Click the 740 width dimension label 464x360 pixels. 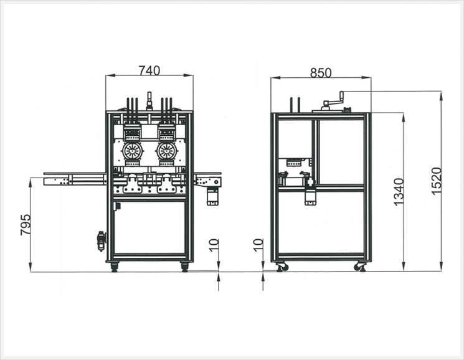[149, 71]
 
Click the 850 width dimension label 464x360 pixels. [321, 73]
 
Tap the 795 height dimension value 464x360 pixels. [26, 225]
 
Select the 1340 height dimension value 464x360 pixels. [399, 192]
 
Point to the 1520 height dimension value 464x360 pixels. [437, 181]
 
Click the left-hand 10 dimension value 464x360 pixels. [214, 245]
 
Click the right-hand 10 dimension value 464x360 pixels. [258, 245]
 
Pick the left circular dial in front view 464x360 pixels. [132, 151]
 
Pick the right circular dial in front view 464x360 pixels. [167, 151]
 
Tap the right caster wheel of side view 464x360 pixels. [361, 267]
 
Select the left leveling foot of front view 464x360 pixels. [114, 267]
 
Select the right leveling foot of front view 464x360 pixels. [184, 267]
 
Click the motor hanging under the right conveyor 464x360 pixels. [212, 197]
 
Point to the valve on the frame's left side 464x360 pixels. [101, 241]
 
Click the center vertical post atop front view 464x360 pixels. [149, 102]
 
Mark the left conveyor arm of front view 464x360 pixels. [75, 179]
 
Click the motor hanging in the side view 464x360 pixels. [310, 193]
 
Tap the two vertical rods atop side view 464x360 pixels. [295, 105]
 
